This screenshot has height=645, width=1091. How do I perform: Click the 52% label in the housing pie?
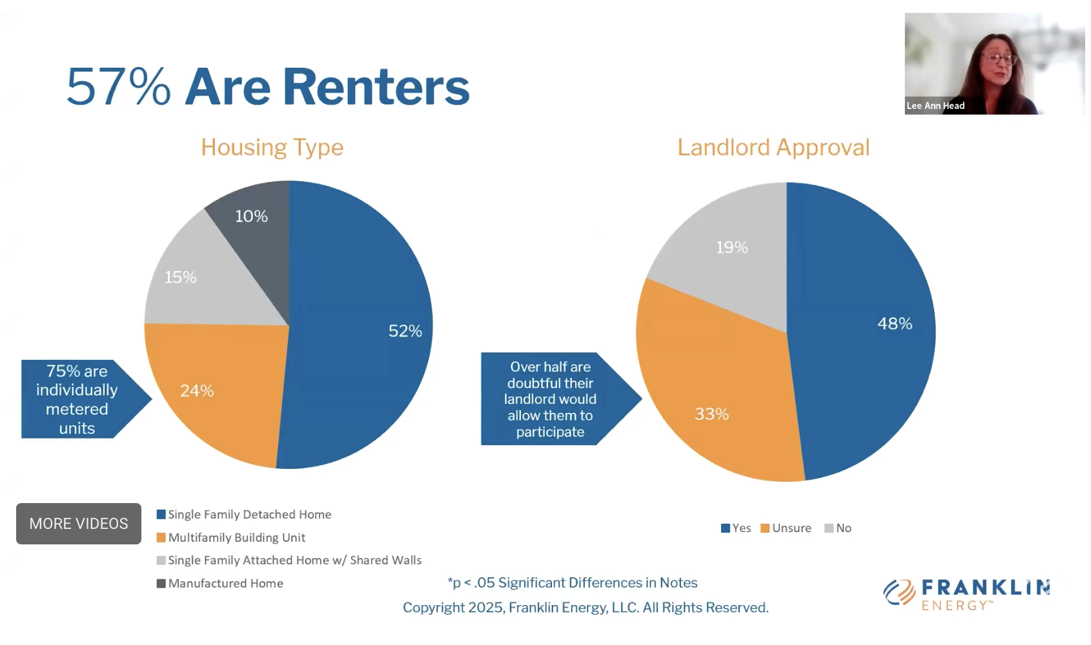(405, 331)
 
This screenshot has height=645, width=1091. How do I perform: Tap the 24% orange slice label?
(197, 390)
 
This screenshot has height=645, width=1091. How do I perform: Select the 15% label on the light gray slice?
(180, 277)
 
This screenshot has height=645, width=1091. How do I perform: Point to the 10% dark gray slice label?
(251, 216)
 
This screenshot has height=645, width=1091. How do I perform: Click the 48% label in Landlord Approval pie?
(895, 323)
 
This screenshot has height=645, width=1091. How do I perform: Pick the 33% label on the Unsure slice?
(711, 413)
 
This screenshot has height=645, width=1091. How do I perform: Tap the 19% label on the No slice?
(731, 247)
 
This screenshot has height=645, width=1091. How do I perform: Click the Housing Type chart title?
(272, 147)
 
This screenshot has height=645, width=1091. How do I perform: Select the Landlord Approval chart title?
(773, 147)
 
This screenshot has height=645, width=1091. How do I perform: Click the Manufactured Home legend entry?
(219, 583)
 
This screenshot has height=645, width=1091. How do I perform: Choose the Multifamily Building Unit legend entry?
(230, 537)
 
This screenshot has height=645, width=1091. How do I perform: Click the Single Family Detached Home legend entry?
(243, 514)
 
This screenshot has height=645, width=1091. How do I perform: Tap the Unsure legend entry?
(786, 528)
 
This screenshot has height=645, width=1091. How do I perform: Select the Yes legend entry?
(736, 528)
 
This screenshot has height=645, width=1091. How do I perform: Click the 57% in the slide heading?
(119, 86)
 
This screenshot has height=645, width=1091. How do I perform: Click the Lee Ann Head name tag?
(935, 106)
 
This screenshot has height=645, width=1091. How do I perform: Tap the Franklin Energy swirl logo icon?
(899, 592)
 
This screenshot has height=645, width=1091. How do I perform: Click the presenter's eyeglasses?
(999, 59)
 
